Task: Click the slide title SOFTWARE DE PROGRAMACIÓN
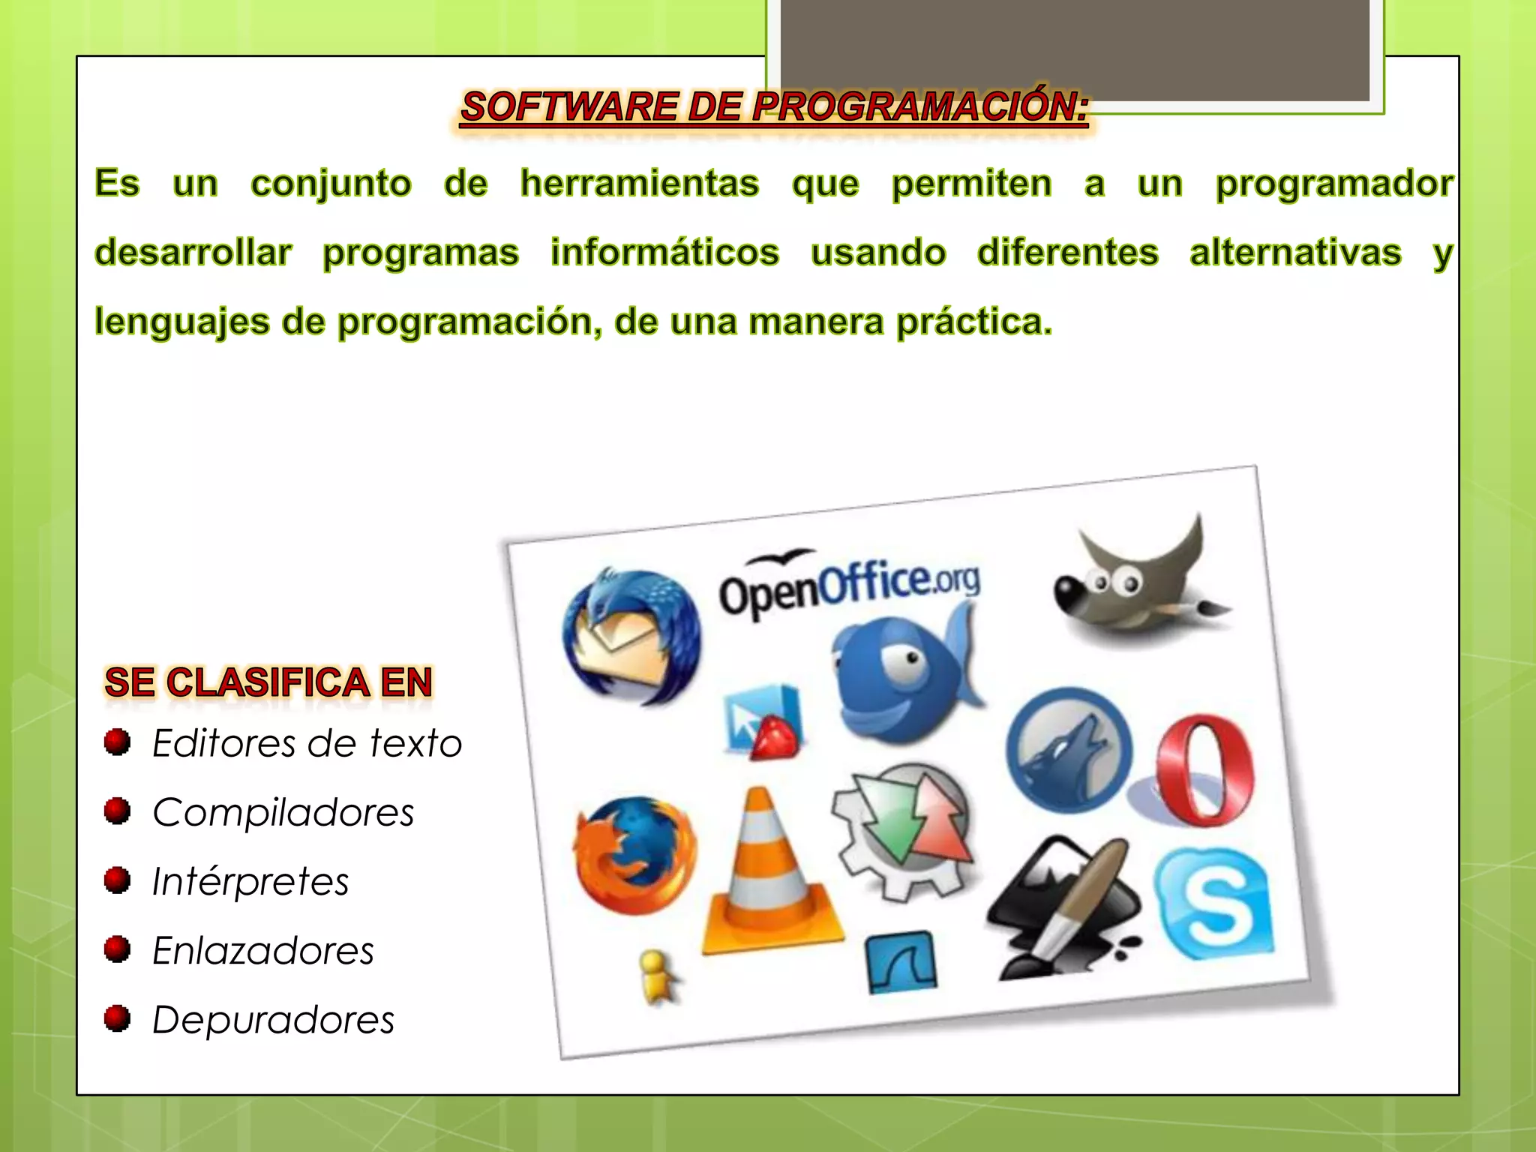[x=774, y=106]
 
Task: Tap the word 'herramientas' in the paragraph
[x=640, y=184]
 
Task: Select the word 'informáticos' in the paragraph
[x=664, y=253]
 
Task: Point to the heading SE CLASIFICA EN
[x=268, y=682]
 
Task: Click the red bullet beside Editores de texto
[x=117, y=742]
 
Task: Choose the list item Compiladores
[x=283, y=812]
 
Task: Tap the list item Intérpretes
[x=250, y=881]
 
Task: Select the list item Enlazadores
[x=262, y=951]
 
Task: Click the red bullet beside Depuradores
[x=117, y=1019]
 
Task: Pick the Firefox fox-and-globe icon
[x=634, y=855]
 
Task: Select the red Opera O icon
[x=1204, y=769]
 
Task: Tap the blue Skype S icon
[x=1213, y=903]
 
